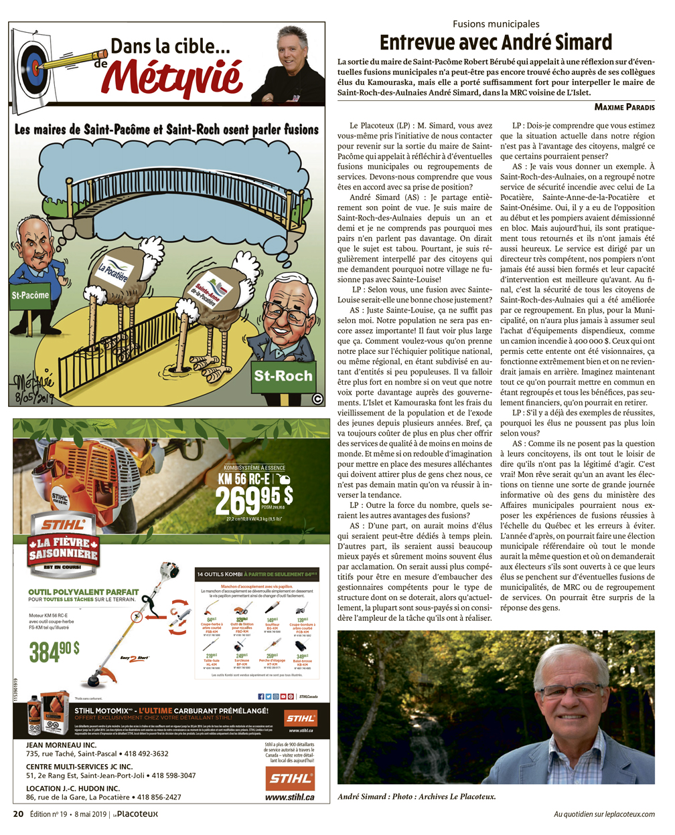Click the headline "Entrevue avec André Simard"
(x=496, y=43)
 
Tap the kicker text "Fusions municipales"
(x=496, y=24)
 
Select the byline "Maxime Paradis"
(x=624, y=107)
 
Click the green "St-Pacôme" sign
(x=30, y=294)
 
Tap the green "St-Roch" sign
(x=283, y=376)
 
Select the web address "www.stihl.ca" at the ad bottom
(x=289, y=797)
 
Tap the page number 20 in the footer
(x=19, y=814)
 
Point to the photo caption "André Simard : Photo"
(x=375, y=796)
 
